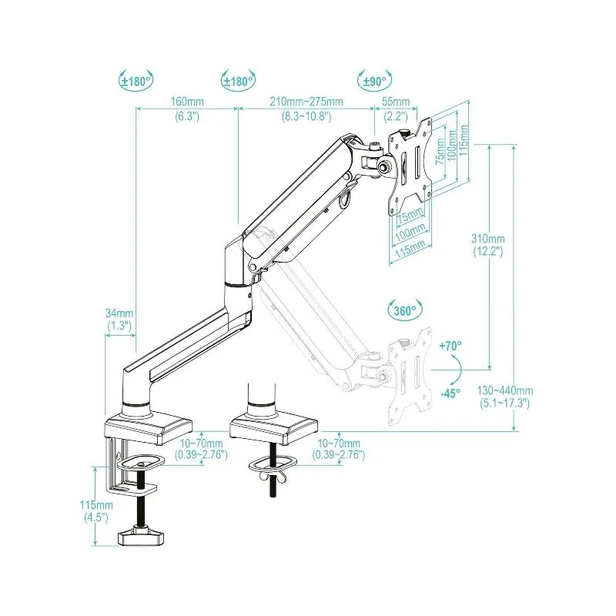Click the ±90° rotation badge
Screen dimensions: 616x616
[375, 80]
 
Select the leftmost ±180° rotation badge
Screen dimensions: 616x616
[136, 80]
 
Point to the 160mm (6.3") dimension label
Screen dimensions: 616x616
[187, 109]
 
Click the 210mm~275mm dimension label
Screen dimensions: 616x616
[306, 109]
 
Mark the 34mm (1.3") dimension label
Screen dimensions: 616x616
[120, 320]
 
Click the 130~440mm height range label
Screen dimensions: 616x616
[505, 396]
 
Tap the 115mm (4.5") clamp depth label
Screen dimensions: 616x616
[99, 511]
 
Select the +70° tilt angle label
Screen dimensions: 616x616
[450, 347]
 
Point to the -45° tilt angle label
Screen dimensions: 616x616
[450, 393]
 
